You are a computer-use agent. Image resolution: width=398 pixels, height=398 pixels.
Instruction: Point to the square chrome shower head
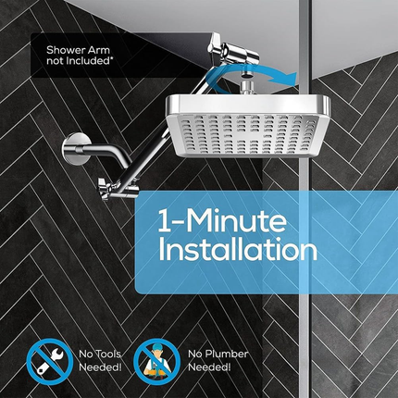248,126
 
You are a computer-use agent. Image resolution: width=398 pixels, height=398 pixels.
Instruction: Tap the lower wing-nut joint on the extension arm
108,188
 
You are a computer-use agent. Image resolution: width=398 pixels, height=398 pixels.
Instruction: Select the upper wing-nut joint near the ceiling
231,50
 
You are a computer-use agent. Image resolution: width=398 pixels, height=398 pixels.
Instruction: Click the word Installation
237,249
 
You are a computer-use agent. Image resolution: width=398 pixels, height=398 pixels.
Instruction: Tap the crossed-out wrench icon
50,362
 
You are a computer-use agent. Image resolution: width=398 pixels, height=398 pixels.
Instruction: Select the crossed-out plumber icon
157,362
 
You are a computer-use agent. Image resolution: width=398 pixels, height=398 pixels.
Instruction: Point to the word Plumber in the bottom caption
227,354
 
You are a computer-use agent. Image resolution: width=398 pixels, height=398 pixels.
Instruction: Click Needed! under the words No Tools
100,367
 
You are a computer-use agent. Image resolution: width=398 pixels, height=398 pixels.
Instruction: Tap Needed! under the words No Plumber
209,367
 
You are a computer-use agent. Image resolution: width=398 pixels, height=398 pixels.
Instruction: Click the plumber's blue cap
156,348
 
